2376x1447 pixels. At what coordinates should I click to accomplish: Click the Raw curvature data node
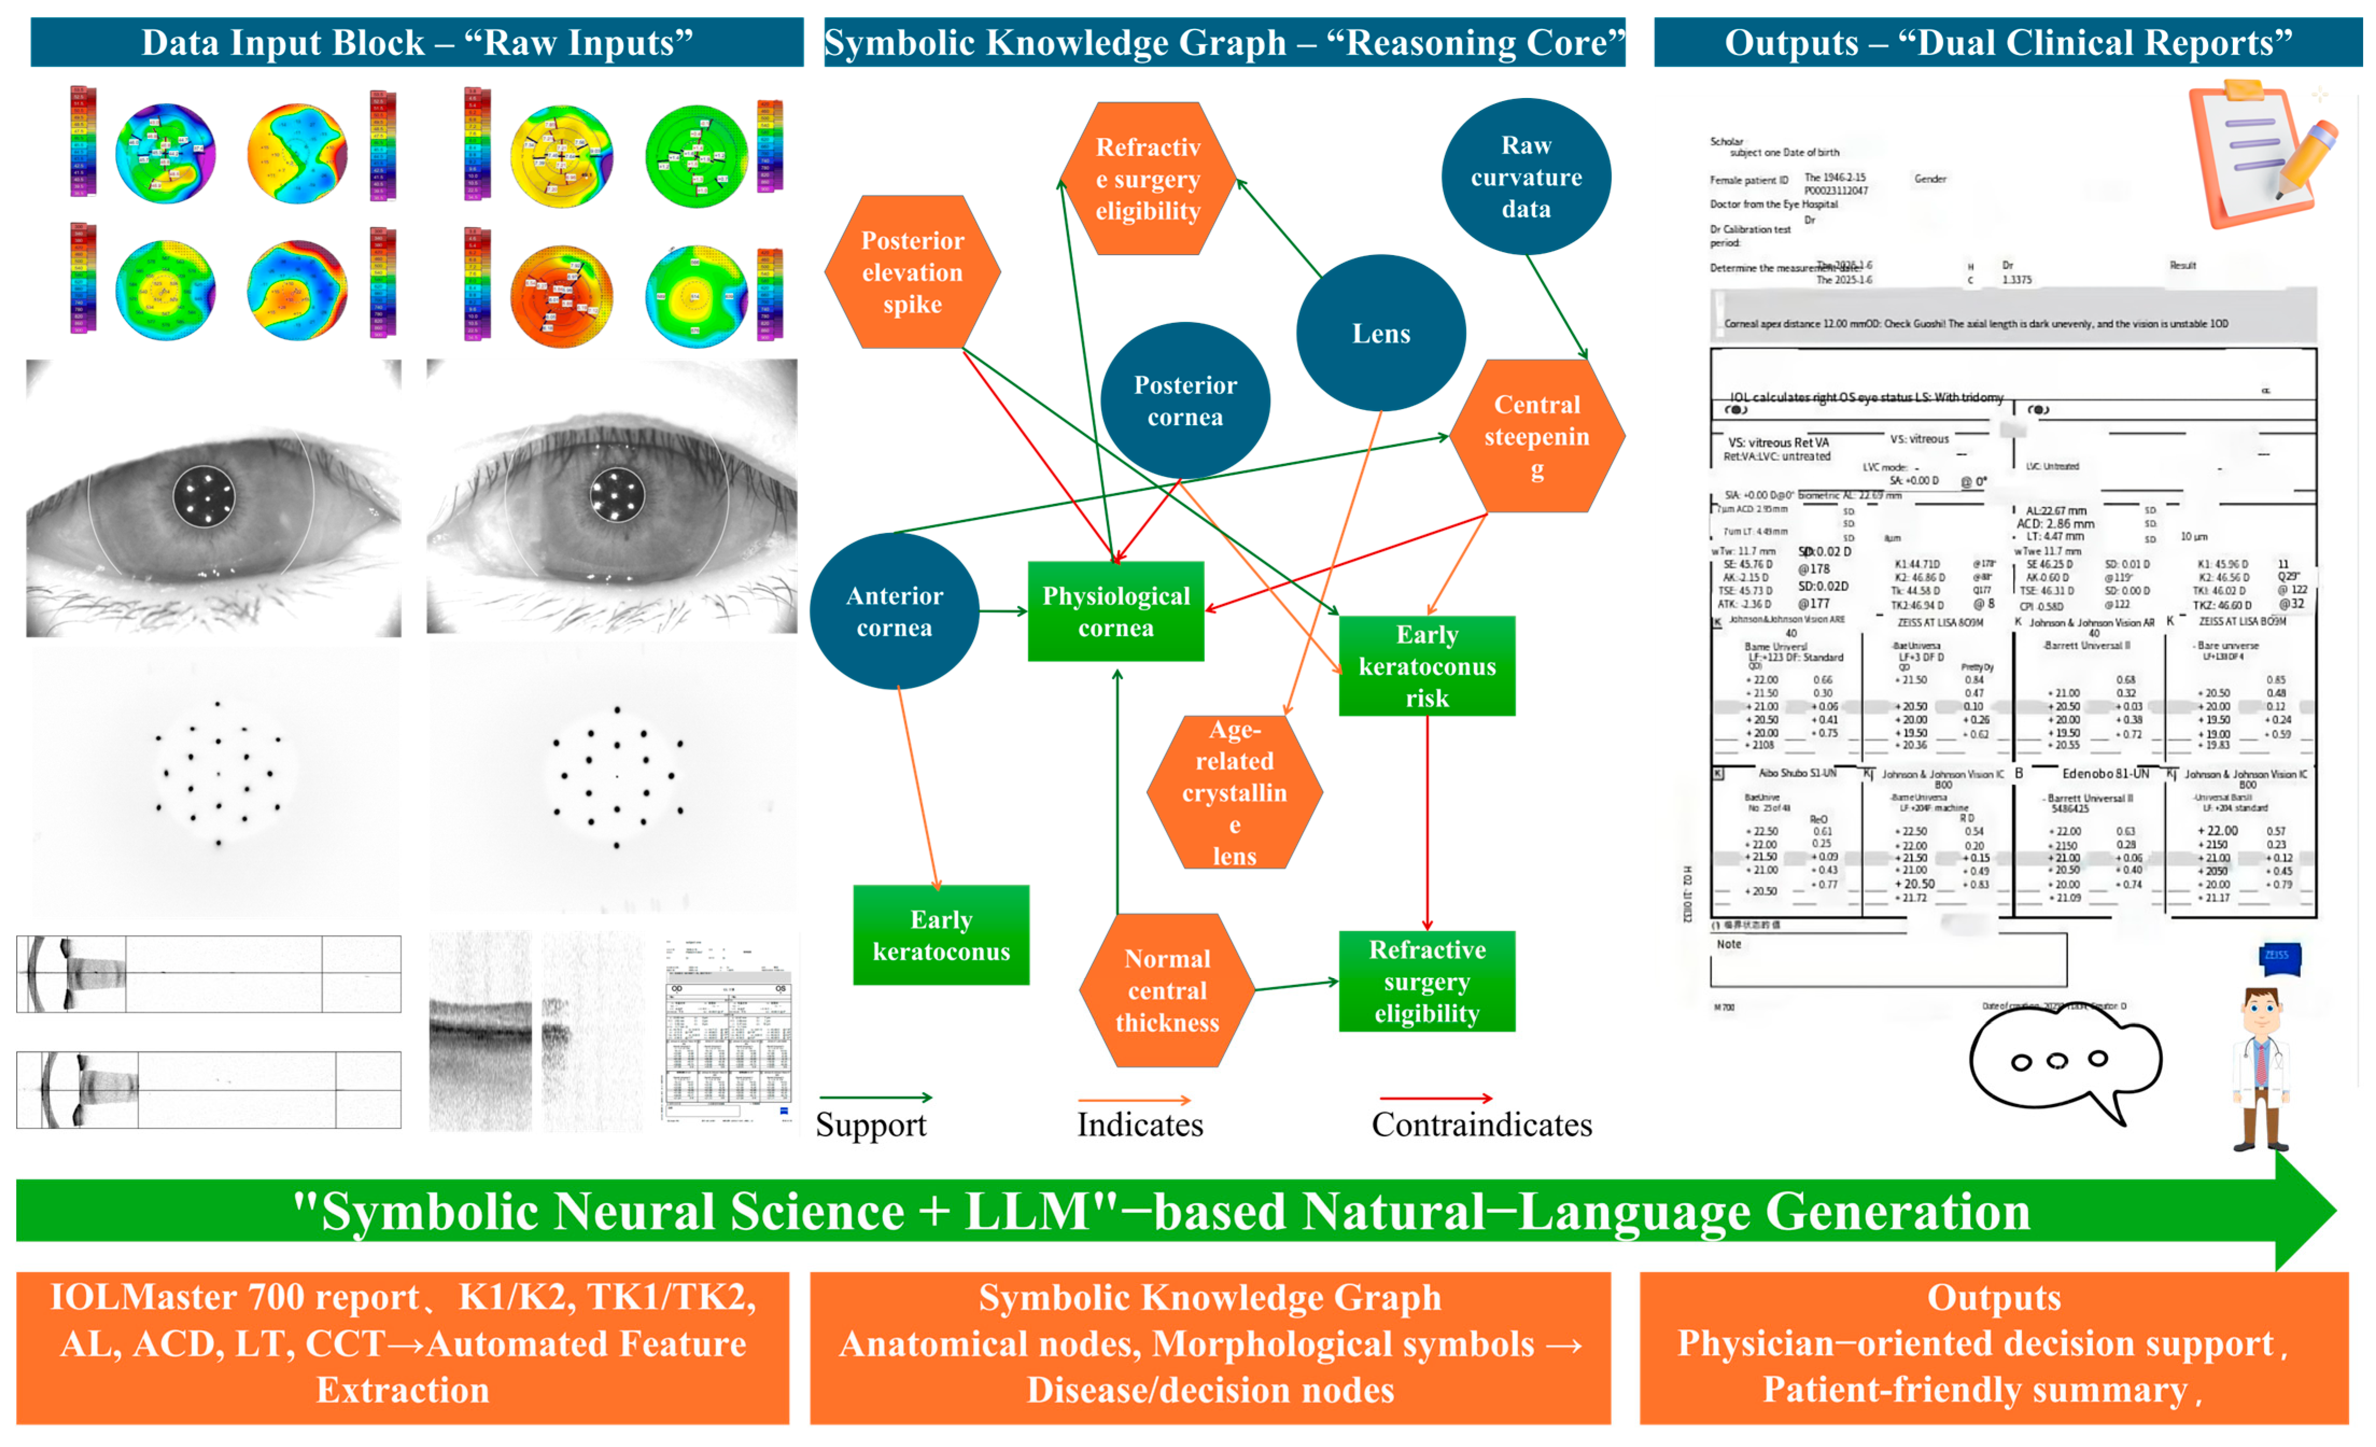click(x=1526, y=177)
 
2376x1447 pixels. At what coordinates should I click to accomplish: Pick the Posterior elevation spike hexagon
click(x=912, y=272)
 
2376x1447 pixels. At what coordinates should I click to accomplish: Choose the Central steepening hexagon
click(x=1537, y=436)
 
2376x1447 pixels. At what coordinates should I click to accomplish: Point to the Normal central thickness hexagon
click(x=1167, y=990)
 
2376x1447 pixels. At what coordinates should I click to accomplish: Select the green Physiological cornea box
click(x=1116, y=612)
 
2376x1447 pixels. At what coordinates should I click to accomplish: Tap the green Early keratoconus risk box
click(x=1427, y=665)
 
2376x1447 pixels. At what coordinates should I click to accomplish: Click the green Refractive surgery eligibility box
click(x=1427, y=981)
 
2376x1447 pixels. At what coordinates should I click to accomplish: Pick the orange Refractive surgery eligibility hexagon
click(x=1147, y=179)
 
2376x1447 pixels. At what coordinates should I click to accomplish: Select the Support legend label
click(x=871, y=1125)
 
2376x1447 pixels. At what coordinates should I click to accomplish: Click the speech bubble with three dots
click(x=2063, y=1061)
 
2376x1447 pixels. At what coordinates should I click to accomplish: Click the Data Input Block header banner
click(x=417, y=43)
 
